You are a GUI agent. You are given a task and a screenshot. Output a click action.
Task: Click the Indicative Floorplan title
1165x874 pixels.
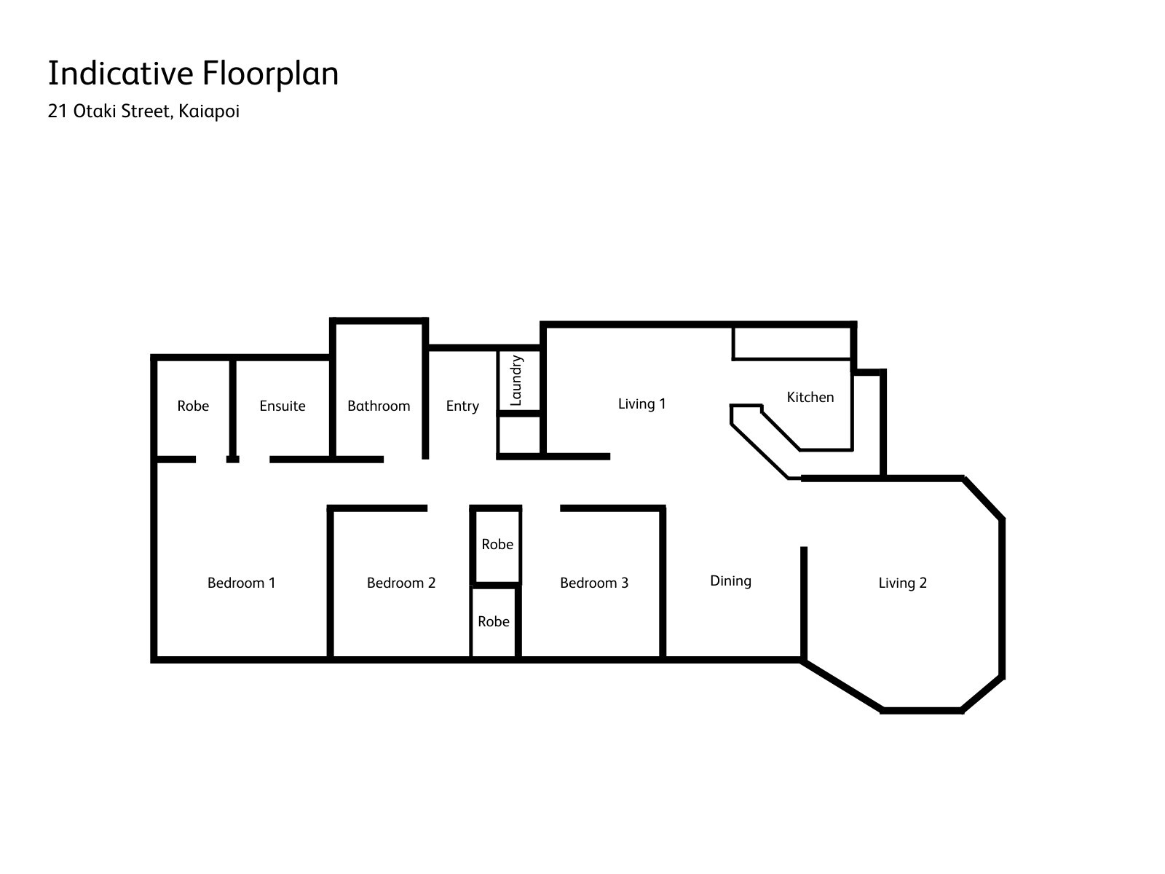[x=193, y=74]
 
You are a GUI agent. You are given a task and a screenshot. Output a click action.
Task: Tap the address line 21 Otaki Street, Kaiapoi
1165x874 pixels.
[x=143, y=111]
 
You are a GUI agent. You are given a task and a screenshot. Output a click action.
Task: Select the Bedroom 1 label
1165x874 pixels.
[x=242, y=583]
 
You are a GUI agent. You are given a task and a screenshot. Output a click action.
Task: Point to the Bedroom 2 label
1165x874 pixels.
[x=401, y=583]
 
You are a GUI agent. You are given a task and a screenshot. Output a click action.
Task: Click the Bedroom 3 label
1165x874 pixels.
[x=594, y=583]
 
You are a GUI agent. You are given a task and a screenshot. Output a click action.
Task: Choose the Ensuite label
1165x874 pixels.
[x=283, y=406]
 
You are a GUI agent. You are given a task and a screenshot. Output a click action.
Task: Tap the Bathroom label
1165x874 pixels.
[x=379, y=406]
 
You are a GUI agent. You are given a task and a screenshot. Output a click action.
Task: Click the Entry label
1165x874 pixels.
[x=462, y=406]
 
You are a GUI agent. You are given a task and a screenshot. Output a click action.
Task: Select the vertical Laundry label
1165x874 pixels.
[x=516, y=380]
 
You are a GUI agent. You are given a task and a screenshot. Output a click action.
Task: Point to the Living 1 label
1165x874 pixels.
[x=641, y=403]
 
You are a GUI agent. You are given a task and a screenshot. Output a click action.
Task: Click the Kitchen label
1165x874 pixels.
[x=810, y=397]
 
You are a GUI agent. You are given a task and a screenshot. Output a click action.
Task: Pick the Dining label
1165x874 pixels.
[x=730, y=580]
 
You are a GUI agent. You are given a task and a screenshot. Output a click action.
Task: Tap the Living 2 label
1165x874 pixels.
[x=902, y=583]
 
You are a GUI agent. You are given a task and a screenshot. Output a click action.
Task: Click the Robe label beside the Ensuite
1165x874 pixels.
[x=193, y=406]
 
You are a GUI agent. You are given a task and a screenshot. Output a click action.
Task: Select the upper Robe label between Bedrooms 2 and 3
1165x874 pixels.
[x=497, y=544]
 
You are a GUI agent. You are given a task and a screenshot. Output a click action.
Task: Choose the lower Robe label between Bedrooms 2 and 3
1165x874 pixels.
[x=494, y=621]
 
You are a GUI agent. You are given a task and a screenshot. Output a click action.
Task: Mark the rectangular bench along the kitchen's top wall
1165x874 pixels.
[x=792, y=344]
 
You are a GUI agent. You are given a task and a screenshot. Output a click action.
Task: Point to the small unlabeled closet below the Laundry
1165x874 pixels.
[x=520, y=435]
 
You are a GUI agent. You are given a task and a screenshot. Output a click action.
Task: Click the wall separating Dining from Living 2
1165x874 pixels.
[x=804, y=603]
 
